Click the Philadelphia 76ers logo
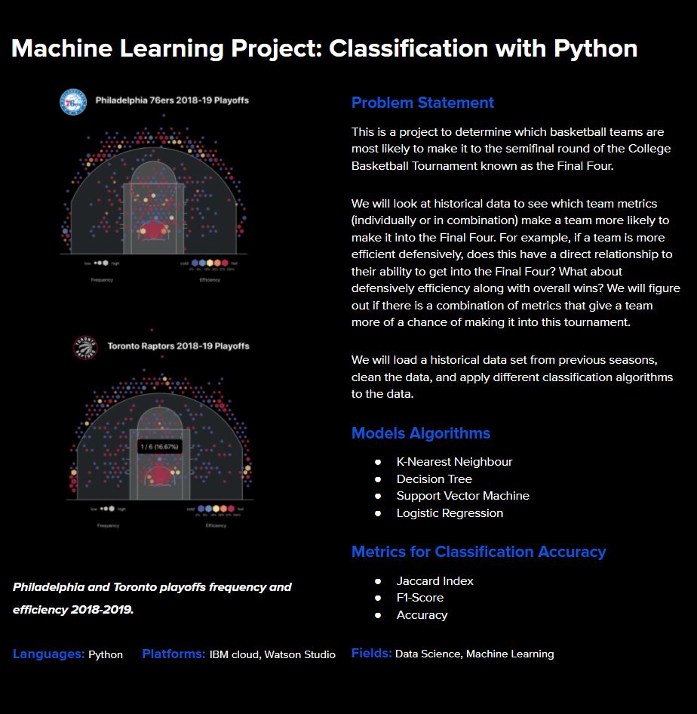(72, 101)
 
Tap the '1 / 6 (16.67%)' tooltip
(159, 447)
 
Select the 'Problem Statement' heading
(422, 103)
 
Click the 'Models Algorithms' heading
(421, 433)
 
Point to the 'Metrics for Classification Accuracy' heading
(478, 552)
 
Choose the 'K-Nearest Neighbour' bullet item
(454, 462)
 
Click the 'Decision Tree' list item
(434, 479)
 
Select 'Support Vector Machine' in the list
(462, 496)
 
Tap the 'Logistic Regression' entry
(450, 513)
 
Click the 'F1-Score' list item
(419, 598)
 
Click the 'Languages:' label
(48, 654)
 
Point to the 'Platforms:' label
(173, 654)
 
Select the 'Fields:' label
(371, 654)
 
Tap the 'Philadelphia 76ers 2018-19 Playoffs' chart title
(172, 100)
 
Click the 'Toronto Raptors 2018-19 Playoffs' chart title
(178, 346)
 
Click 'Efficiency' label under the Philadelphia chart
(210, 280)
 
